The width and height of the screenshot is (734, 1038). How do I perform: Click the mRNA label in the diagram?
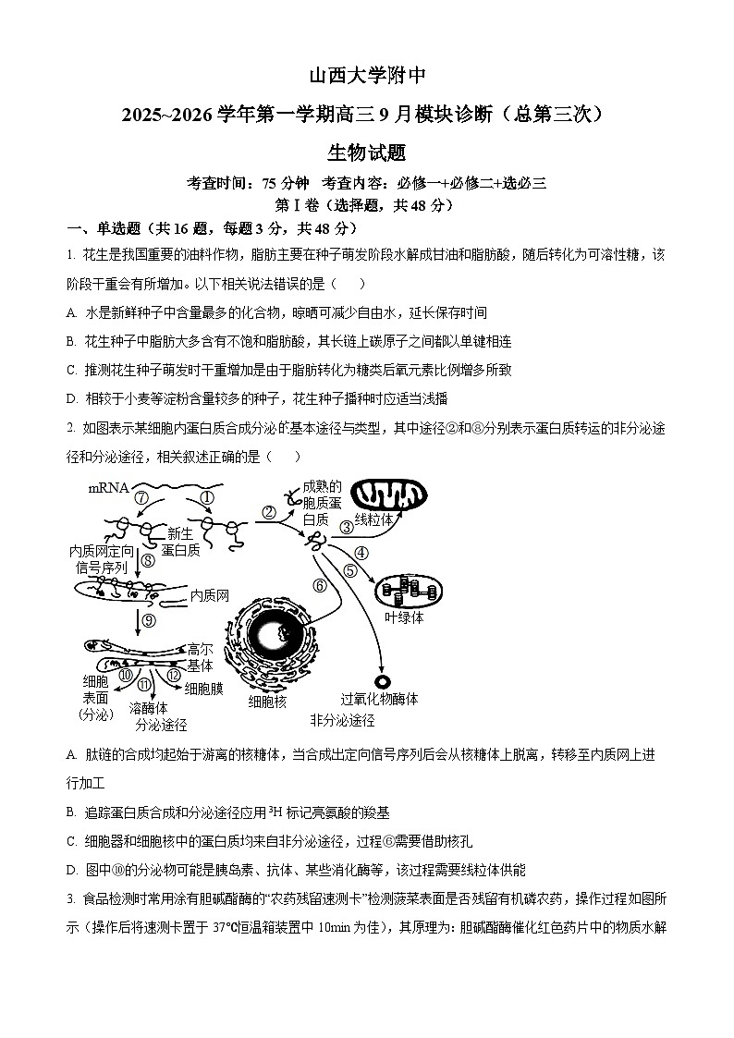[108, 487]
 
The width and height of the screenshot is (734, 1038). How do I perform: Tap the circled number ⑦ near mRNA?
[141, 498]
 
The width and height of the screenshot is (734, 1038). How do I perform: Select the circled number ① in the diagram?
[207, 497]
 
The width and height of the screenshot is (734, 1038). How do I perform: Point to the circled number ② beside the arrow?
[269, 512]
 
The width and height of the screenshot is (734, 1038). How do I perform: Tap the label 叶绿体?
[404, 617]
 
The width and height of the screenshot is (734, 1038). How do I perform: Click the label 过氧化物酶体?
[380, 700]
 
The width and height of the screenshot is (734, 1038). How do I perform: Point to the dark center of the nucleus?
[275, 635]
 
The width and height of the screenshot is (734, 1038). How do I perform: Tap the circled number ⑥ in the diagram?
[320, 584]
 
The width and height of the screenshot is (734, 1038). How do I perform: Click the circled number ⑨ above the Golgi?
[149, 621]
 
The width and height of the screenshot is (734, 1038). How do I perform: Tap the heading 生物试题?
[366, 153]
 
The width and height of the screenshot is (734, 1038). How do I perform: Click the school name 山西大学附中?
[366, 76]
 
